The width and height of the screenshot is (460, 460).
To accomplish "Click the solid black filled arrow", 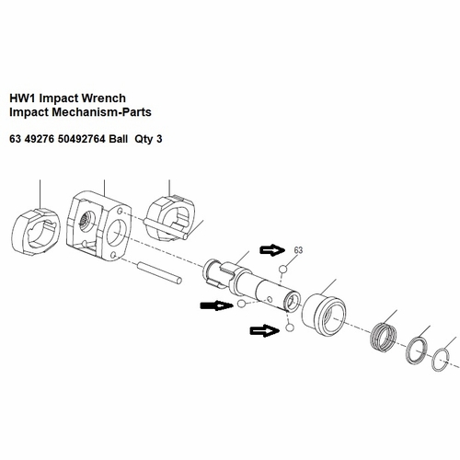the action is [215, 305].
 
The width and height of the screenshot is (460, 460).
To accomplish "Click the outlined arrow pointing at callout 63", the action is [272, 250].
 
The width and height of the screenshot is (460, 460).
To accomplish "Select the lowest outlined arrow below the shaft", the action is [265, 331].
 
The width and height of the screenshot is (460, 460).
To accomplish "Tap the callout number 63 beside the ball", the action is [298, 250].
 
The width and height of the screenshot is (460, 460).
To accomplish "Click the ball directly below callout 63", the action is [282, 270].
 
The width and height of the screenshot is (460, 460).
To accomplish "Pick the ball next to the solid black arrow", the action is [241, 304].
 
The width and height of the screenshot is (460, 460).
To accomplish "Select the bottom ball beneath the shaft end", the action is [290, 328].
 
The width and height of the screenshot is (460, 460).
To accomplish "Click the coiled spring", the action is [384, 335].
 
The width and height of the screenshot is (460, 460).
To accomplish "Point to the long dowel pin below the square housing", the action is [160, 272].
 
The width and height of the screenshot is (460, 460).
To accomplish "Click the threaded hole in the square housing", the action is [86, 222].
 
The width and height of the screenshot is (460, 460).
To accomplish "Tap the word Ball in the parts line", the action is [119, 139].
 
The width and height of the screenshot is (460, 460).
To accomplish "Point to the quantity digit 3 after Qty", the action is [159, 139].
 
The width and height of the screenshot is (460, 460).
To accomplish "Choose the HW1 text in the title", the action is [23, 98].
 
